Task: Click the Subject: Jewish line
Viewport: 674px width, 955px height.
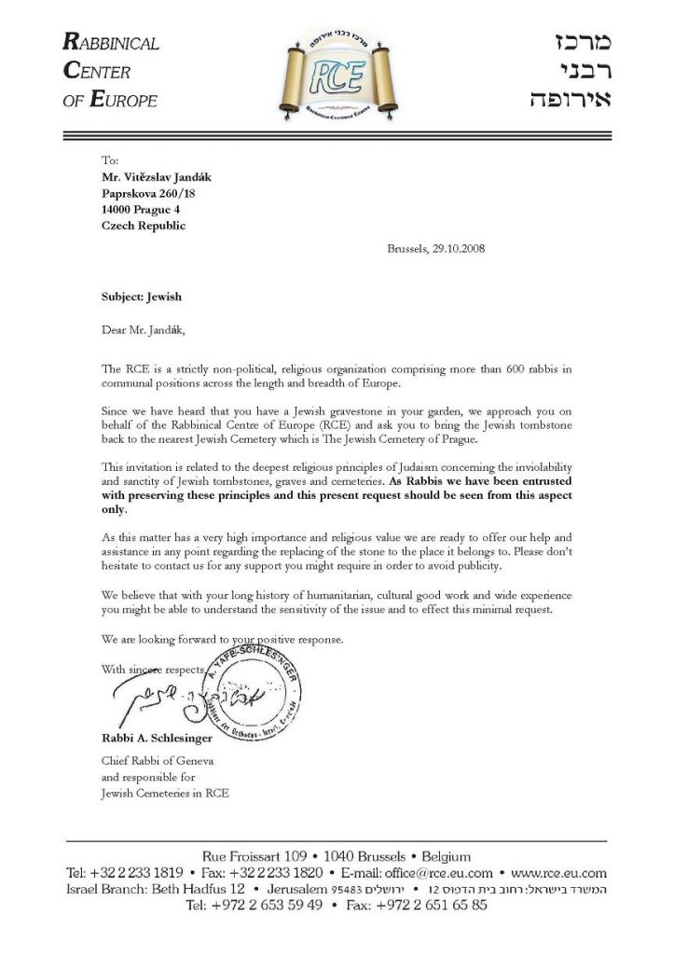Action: pos(141,298)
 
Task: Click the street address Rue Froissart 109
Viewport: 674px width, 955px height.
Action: pos(263,856)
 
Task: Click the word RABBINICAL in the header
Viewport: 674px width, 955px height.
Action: pos(111,43)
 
